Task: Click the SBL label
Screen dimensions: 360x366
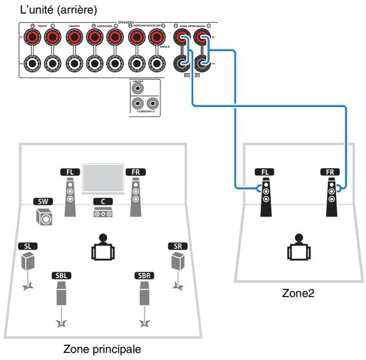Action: tap(61, 275)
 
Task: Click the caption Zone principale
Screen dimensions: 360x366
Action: tap(103, 351)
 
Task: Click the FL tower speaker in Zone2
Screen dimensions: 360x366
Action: tap(266, 197)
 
